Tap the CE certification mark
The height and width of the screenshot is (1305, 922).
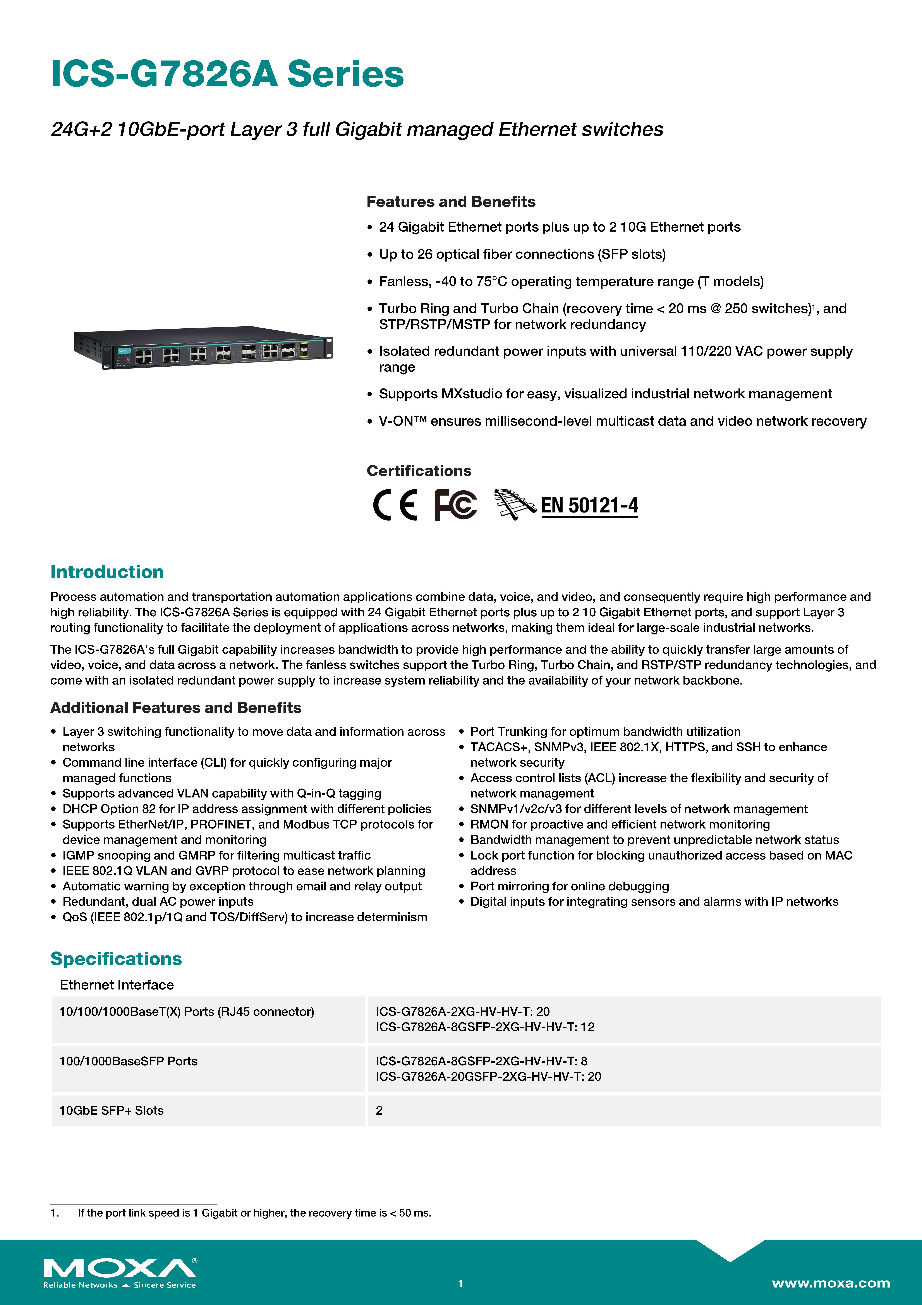click(x=395, y=505)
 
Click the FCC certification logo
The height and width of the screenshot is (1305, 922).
click(x=455, y=505)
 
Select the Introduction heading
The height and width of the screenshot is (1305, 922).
click(x=107, y=572)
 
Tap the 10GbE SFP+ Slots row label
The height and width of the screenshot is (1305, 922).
click(x=111, y=1111)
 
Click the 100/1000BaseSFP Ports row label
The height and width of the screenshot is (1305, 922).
click(x=128, y=1061)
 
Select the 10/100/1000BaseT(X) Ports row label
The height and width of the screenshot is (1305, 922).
click(x=186, y=1012)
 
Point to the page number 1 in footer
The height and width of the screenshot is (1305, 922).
click(x=461, y=1283)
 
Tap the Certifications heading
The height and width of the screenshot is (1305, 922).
click(x=419, y=471)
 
